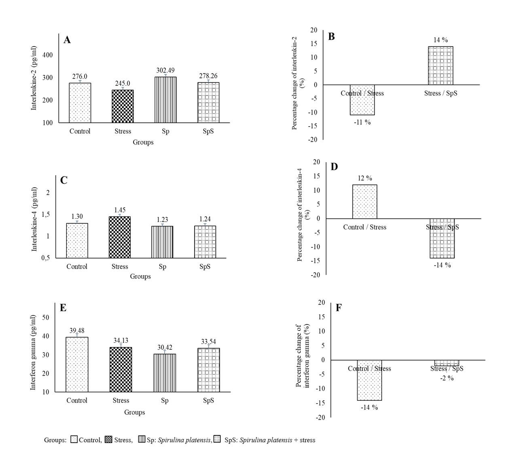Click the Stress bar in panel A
point(123,106)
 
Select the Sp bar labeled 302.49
point(165,100)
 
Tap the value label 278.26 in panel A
point(208,76)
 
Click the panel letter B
point(331,37)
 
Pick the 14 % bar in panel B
point(441,66)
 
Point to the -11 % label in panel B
point(362,123)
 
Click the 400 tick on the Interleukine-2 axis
point(47,55)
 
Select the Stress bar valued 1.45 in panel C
point(120,237)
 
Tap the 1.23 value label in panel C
point(162,219)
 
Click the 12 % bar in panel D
point(365,202)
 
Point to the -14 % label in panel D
point(442,265)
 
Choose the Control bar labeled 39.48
point(77,364)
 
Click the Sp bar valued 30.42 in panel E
point(165,373)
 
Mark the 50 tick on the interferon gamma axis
point(46,318)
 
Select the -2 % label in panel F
point(447,378)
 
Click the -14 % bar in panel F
point(369,380)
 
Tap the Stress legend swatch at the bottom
point(108,440)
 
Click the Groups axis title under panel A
point(143,142)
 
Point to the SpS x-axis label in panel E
point(209,401)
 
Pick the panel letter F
point(338,308)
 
